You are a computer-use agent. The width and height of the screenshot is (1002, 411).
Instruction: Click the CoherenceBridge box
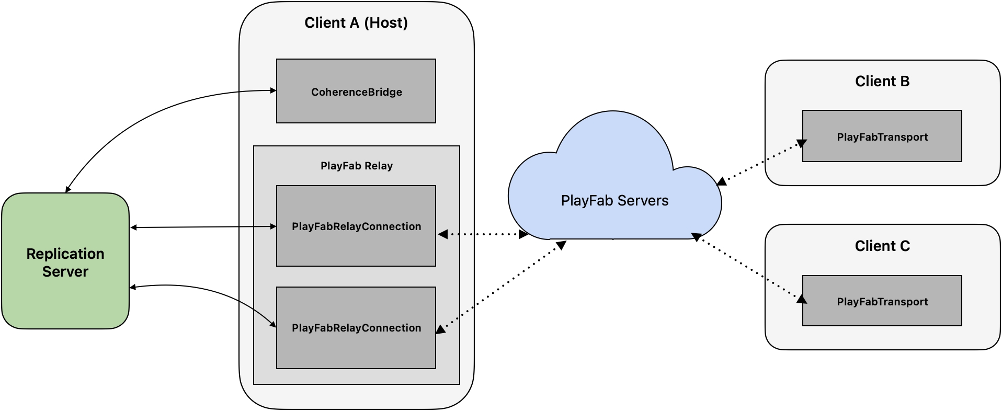356,92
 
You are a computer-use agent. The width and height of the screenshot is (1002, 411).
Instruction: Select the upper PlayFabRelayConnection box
356,226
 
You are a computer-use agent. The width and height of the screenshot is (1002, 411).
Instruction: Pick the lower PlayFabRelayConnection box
356,327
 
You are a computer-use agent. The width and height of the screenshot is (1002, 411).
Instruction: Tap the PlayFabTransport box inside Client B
882,136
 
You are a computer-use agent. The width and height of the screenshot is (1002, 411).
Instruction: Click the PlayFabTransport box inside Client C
882,301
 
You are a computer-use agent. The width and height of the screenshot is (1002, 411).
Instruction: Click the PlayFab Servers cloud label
614,201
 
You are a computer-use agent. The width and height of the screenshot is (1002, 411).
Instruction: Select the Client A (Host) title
356,23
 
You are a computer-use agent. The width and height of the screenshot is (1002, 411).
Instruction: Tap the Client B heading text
882,82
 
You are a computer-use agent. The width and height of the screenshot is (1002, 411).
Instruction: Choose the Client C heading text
882,246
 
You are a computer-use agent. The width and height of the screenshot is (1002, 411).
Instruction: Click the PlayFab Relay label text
356,166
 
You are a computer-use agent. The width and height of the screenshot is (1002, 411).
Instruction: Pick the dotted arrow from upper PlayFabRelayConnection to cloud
482,234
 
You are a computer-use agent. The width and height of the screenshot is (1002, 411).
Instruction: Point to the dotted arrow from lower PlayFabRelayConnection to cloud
502,286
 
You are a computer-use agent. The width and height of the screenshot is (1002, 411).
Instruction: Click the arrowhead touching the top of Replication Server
67,189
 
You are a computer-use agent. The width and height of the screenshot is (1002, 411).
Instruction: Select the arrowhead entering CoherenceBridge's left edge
273,90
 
